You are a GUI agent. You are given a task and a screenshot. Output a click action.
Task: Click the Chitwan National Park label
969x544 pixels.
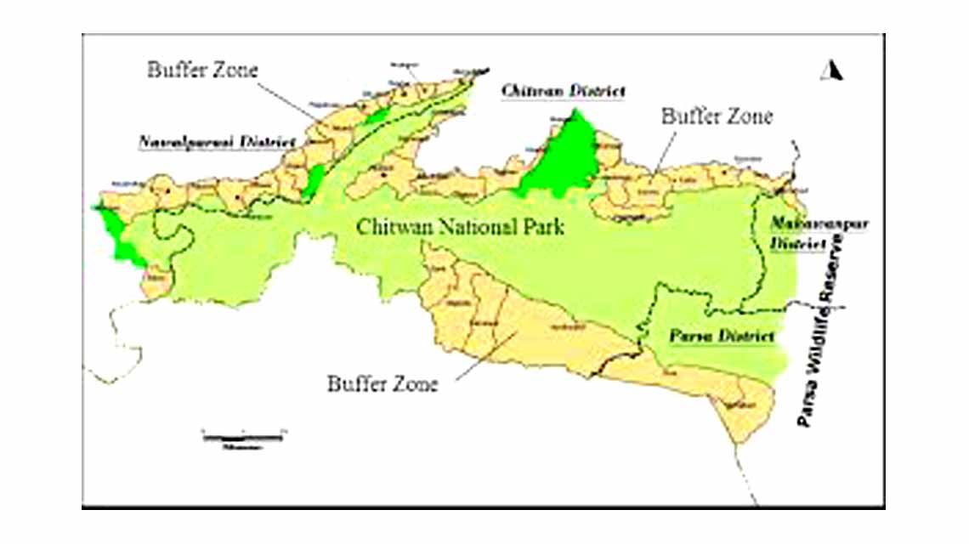tap(461, 228)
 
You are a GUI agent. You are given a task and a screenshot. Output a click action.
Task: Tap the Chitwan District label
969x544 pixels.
tap(564, 91)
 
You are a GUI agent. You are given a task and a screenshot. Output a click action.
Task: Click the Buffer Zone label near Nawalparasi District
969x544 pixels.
tap(201, 70)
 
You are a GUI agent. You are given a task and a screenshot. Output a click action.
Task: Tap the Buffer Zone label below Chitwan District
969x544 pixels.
tap(717, 117)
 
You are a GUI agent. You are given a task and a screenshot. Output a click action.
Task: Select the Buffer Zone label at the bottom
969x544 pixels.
tap(382, 384)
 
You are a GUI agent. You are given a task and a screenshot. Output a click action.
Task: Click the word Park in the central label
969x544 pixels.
tap(541, 228)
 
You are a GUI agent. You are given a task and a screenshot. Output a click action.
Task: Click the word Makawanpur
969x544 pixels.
tap(801, 224)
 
